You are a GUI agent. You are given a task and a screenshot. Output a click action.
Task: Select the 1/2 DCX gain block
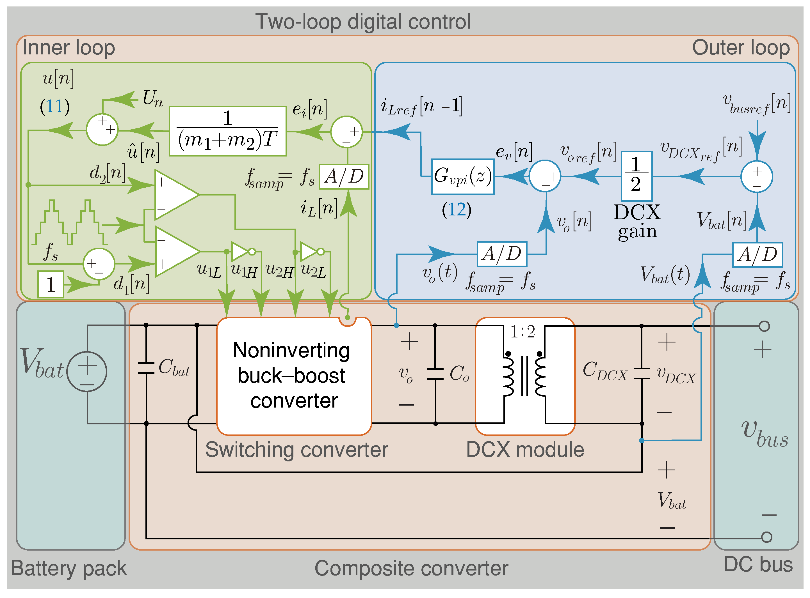coord(636,176)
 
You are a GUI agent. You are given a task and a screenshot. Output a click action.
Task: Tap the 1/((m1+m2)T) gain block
coord(227,131)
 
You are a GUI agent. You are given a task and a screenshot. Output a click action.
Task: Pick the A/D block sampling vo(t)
coord(501,254)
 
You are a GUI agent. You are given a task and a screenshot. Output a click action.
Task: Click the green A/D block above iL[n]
coord(343,177)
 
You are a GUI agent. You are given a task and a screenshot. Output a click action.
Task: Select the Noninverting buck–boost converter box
coord(294,376)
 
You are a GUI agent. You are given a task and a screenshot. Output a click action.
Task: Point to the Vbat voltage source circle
coord(87,371)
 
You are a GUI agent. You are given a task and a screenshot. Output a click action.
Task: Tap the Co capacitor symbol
coord(435,374)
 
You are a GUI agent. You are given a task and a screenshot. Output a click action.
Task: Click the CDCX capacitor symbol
coord(641,374)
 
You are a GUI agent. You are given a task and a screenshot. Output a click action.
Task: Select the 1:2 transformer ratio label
coord(522,332)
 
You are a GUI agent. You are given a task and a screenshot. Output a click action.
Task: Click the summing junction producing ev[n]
coord(545,176)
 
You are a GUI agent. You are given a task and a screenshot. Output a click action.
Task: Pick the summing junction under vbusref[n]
coord(756,176)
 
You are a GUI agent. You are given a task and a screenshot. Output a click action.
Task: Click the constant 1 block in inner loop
coord(51,284)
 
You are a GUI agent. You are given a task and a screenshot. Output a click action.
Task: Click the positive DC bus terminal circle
coord(764,326)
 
